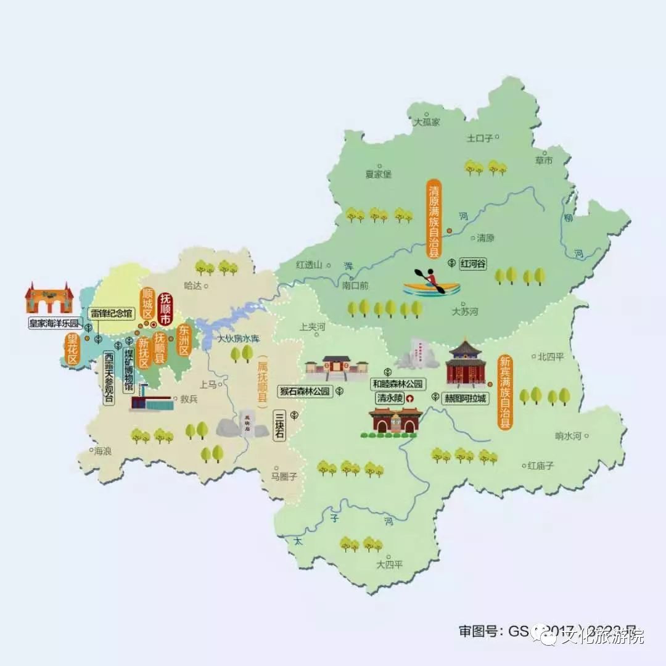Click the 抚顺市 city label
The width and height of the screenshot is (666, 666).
[x=165, y=309]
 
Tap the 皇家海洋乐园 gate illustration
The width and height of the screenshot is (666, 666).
[x=49, y=298]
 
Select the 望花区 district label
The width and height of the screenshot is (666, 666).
[x=73, y=350]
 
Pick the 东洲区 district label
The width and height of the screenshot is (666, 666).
[x=183, y=340]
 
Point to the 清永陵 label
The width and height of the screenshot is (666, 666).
[x=390, y=398]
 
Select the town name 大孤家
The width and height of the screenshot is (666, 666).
[x=427, y=122]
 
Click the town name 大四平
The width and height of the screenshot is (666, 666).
[x=390, y=564]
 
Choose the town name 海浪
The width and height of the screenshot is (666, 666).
[x=103, y=451]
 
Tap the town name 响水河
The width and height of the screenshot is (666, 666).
[x=568, y=436]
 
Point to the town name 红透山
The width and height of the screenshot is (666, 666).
[x=310, y=265]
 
